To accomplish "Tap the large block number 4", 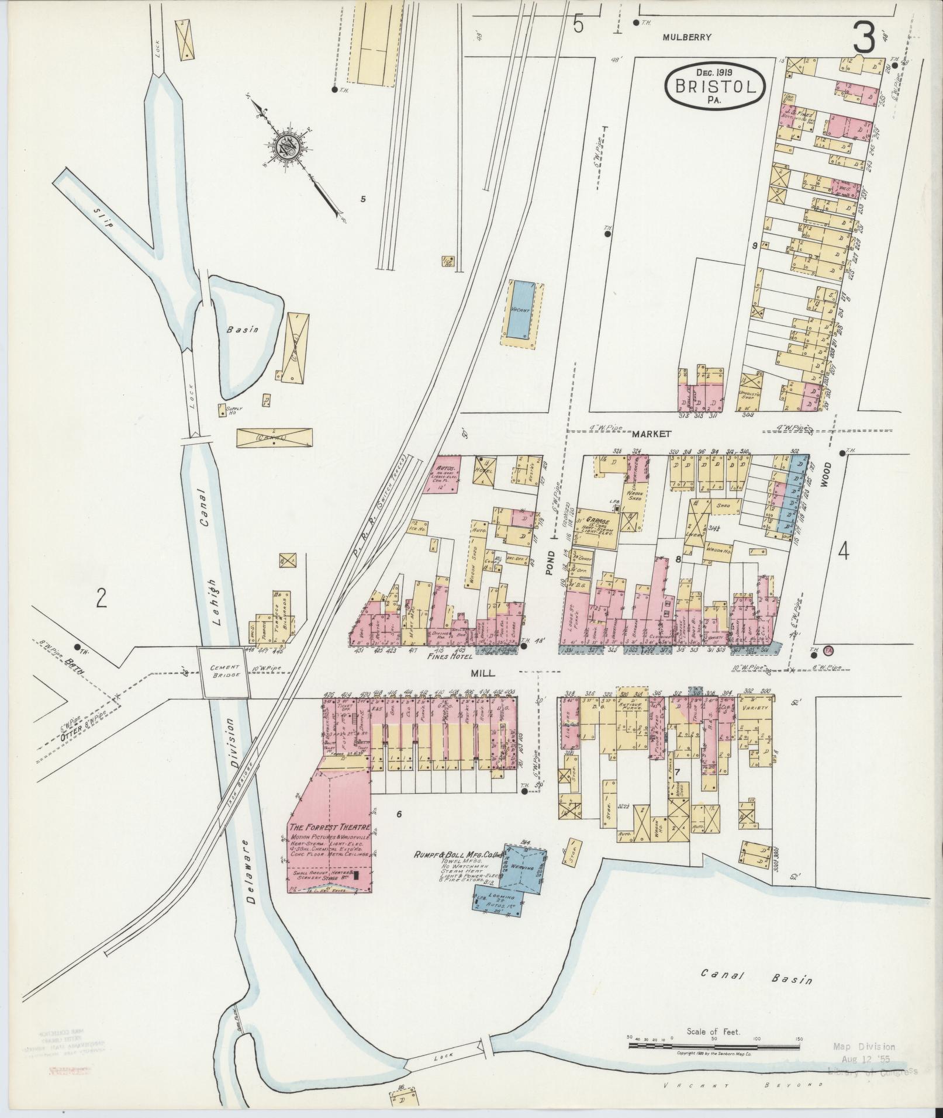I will pyautogui.click(x=843, y=551).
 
